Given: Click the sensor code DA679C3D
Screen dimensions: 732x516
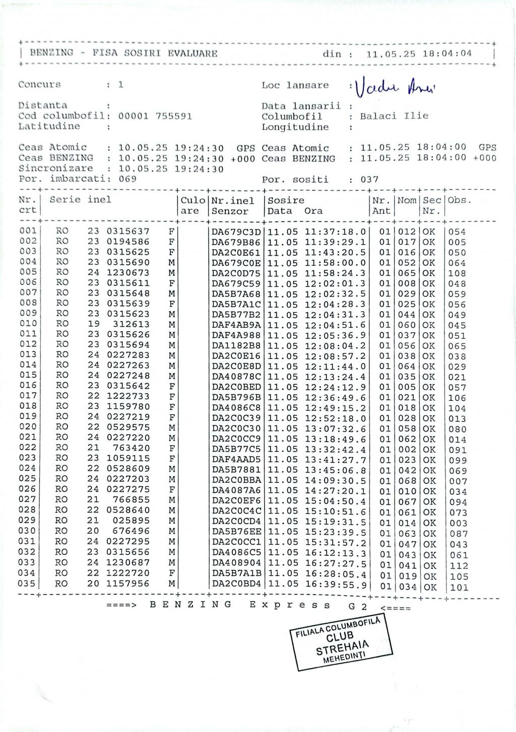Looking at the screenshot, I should point(236,232).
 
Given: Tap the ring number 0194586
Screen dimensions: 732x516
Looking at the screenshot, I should point(128,242).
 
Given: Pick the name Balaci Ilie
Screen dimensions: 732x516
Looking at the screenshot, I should point(394,116).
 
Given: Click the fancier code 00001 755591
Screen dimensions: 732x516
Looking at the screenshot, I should point(155,116).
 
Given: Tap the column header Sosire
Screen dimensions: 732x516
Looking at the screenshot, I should point(286,200).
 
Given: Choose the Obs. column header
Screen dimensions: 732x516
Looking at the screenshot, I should point(459,200).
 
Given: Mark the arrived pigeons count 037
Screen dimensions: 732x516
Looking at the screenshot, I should point(369,180).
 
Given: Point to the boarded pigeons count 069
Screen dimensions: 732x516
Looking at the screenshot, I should point(127,179).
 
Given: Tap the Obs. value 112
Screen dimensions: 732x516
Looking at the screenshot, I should point(459,566).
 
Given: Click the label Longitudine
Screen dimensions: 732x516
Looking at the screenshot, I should point(288,127).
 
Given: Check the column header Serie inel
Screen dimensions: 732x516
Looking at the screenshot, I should point(80,199).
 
